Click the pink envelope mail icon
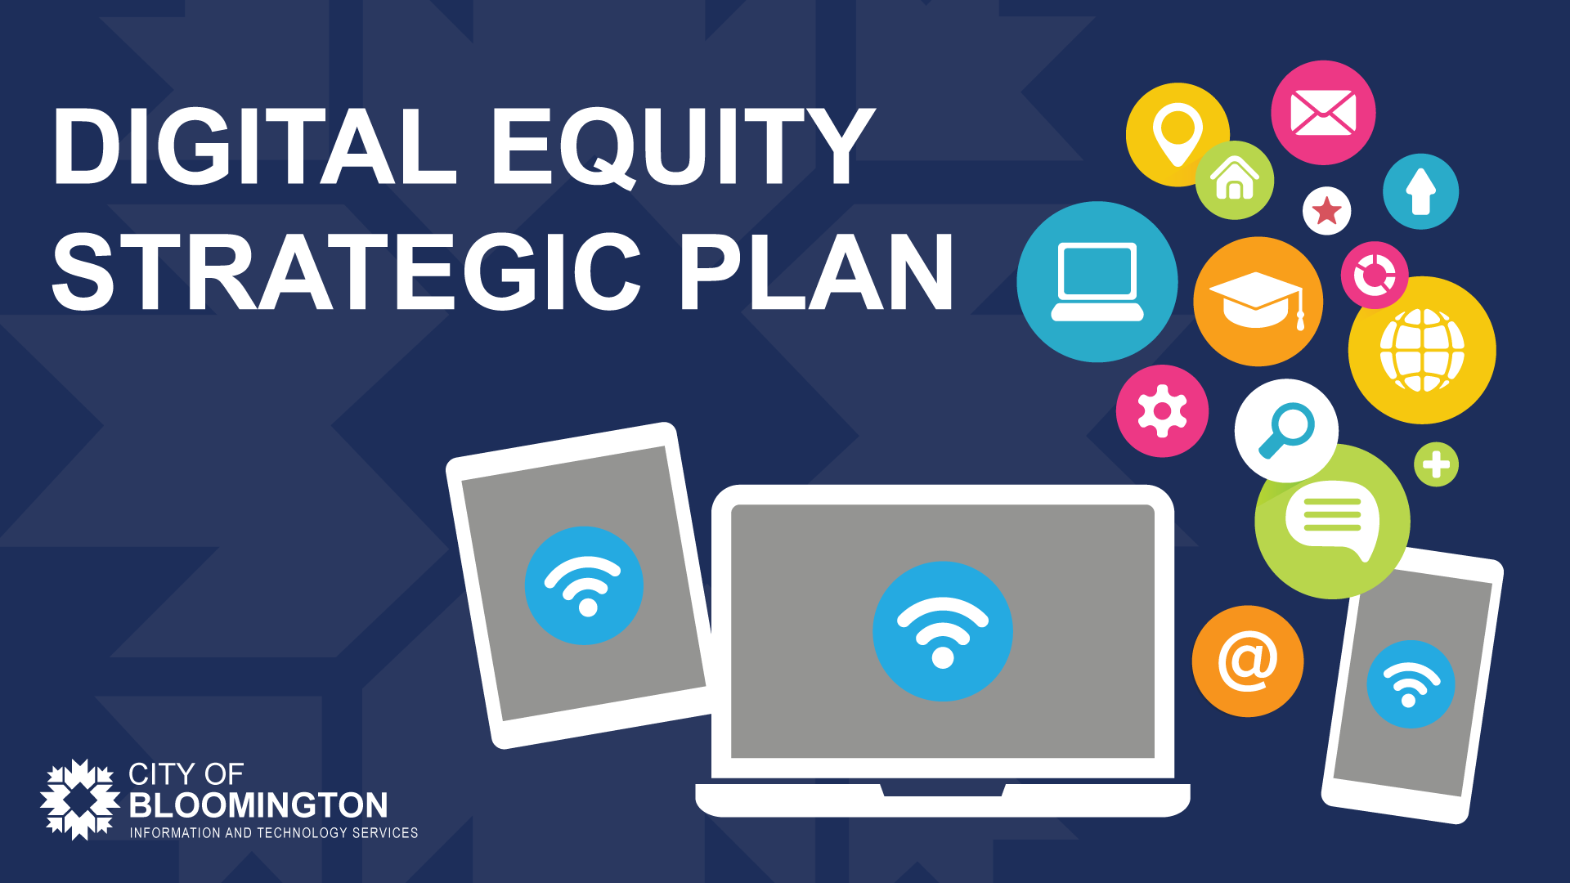(1323, 113)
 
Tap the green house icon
(1235, 180)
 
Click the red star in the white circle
(1326, 211)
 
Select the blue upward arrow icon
(1420, 191)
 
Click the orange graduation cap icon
(1258, 302)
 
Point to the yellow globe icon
(1422, 350)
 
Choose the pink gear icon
(1162, 410)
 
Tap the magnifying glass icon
(1286, 430)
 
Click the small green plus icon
(1436, 464)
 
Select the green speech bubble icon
(1332, 521)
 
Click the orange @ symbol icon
(1248, 661)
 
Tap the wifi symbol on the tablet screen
(584, 585)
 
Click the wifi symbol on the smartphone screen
(1411, 684)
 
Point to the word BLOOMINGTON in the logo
(258, 805)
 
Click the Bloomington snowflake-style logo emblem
(80, 800)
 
